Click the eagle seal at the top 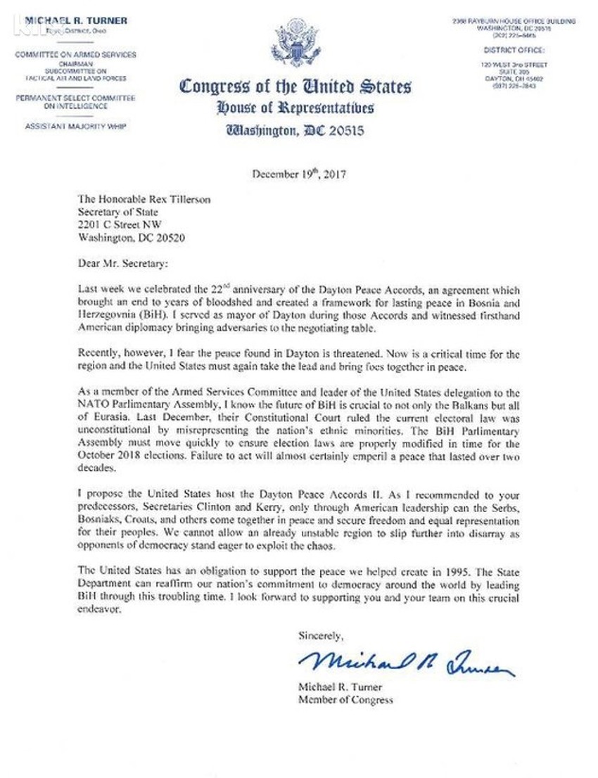296,44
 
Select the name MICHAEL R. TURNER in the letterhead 76,21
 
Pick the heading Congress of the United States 295,87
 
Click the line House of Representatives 295,108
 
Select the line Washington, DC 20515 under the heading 295,130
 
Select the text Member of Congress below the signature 345,700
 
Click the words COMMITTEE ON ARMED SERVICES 76,55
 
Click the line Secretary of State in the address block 115,212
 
